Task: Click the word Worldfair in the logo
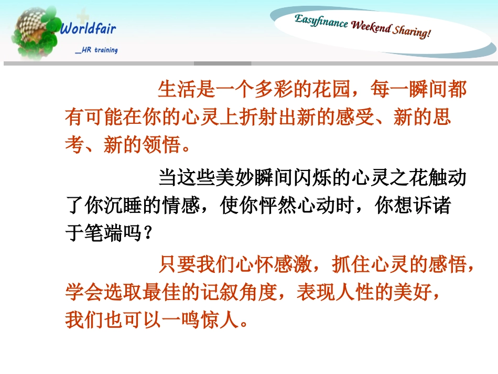pos(88,28)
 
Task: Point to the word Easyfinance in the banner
pos(321,22)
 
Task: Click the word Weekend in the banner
pos(371,27)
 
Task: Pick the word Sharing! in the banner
pos(412,31)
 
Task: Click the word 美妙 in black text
pos(235,178)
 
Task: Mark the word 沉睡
pos(123,206)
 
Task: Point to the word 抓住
pos(351,266)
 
